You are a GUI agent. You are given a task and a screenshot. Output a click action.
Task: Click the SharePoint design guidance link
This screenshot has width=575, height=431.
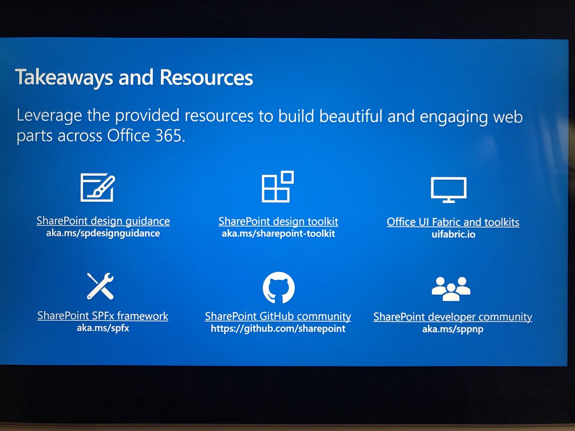coord(103,221)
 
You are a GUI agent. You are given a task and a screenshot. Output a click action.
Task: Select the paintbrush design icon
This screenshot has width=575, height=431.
coord(98,188)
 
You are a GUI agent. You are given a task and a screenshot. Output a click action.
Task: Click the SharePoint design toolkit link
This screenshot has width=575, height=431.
coord(278,222)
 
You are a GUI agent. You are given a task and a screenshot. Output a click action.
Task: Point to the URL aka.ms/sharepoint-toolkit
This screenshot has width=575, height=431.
coord(278,234)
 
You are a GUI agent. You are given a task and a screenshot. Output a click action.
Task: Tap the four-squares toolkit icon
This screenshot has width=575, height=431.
coord(277,187)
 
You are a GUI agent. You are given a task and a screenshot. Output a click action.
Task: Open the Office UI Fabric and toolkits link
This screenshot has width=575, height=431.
coord(453,222)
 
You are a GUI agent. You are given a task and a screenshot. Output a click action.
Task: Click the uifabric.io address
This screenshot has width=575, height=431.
coord(453,235)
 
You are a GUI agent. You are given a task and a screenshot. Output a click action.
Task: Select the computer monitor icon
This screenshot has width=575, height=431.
coord(448,190)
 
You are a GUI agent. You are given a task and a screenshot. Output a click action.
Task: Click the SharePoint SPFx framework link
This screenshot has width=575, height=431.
coord(103,316)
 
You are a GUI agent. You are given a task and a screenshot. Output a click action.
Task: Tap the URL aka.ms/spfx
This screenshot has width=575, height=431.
coord(103,329)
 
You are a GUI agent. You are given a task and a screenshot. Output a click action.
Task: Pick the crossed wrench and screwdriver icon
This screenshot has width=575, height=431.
coord(100,286)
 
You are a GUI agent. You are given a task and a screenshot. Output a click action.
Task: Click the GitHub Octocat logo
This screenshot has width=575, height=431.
coord(278,288)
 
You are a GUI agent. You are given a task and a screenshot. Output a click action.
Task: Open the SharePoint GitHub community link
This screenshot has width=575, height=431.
coord(278,317)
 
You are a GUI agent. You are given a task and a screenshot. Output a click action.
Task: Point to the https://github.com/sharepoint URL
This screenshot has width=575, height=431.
coord(278,329)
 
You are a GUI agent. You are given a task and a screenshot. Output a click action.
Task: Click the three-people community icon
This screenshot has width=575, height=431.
coord(451,288)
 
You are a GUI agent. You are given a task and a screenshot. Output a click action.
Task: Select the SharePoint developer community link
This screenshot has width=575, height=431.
coord(452,317)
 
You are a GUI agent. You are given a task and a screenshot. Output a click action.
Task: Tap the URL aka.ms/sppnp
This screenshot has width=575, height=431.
coord(452,329)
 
